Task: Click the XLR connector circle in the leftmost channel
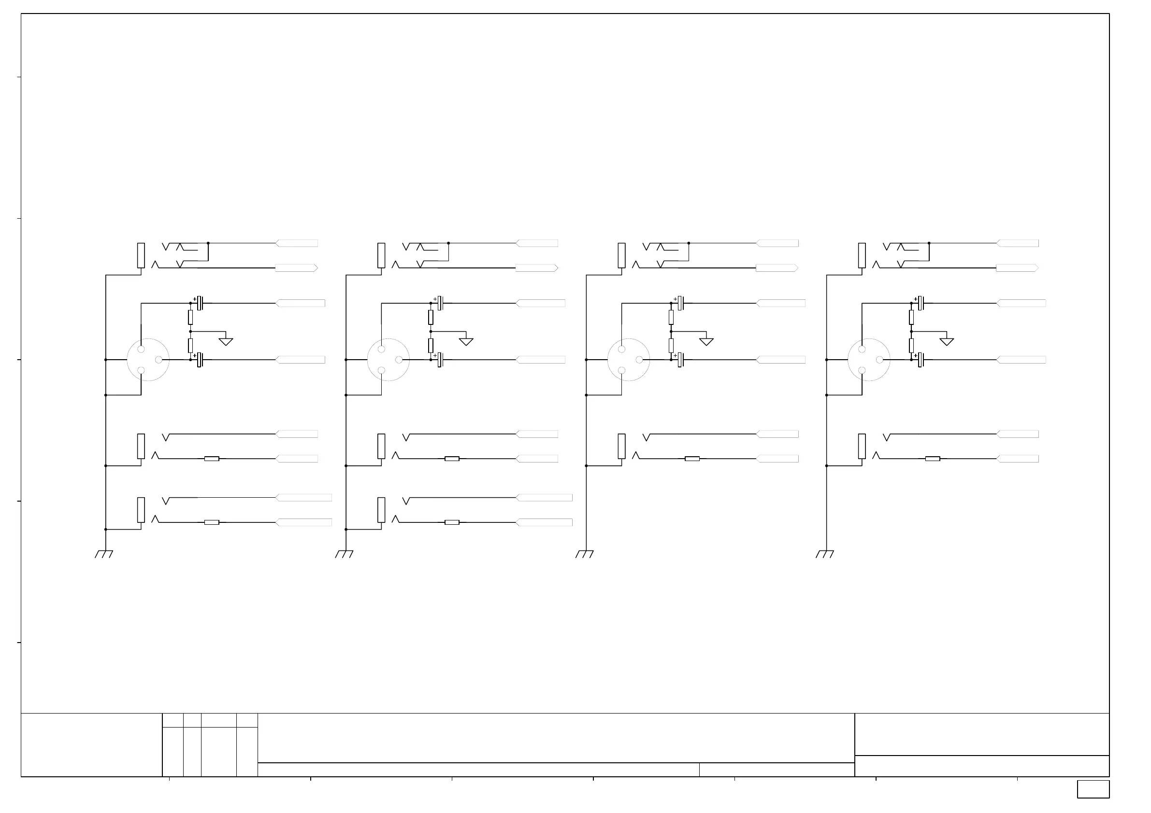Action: [148, 360]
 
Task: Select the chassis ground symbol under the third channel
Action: [585, 554]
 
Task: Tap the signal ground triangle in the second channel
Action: [466, 342]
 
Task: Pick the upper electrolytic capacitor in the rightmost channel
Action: [921, 303]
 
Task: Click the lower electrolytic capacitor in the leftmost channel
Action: [200, 360]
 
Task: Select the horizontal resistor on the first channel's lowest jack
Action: [212, 522]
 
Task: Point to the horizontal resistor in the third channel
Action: [692, 459]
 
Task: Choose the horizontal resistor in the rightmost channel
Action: [933, 459]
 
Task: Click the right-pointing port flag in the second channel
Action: [537, 268]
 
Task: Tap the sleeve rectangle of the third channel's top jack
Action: [621, 255]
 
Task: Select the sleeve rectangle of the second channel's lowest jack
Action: [382, 510]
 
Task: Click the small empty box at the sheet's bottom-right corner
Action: [1093, 789]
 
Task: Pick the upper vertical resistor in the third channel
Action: [671, 317]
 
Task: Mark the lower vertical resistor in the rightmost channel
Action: [911, 346]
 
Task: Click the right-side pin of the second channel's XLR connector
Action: [399, 360]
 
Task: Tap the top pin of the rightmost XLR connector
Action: [862, 349]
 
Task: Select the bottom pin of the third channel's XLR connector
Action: [621, 371]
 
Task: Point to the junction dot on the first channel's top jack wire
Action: [208, 243]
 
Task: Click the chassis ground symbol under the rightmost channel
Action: [825, 554]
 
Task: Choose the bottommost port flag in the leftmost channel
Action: [304, 522]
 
